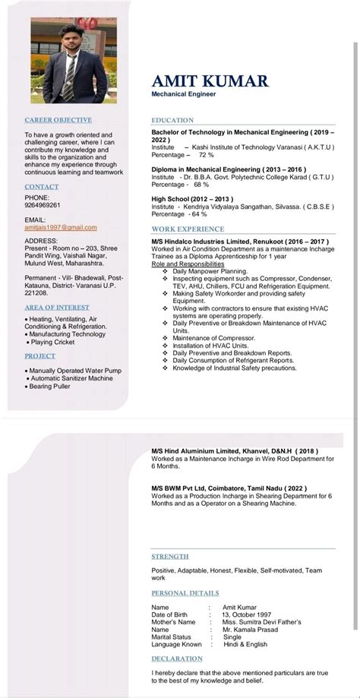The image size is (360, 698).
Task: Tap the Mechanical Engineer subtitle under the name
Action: coord(182,94)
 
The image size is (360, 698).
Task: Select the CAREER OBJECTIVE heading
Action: coord(58,120)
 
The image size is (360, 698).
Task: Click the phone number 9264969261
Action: coord(43,205)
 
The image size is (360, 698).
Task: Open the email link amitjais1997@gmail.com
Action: coord(61,227)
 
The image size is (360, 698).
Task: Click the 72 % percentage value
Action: coord(207,154)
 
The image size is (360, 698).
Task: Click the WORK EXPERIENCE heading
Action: coord(188,229)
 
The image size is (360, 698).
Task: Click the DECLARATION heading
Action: coord(177,659)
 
